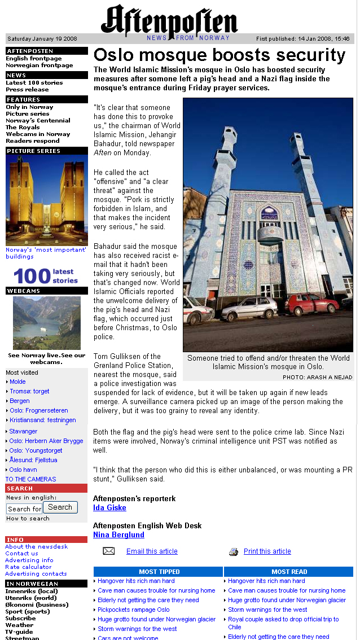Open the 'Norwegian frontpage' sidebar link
39,65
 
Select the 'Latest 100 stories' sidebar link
34,83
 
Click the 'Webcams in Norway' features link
38,134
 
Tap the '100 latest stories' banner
46,276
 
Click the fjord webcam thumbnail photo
46,323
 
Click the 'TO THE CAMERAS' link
30,479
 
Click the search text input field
24,509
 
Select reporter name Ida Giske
109,508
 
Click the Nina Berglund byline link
118,535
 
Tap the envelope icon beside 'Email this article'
109,551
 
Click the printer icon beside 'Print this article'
234,552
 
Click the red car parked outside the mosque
311,305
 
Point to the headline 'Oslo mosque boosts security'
219,55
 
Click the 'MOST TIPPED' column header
159,572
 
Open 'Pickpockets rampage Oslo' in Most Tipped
133,610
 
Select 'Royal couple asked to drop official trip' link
283,619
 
